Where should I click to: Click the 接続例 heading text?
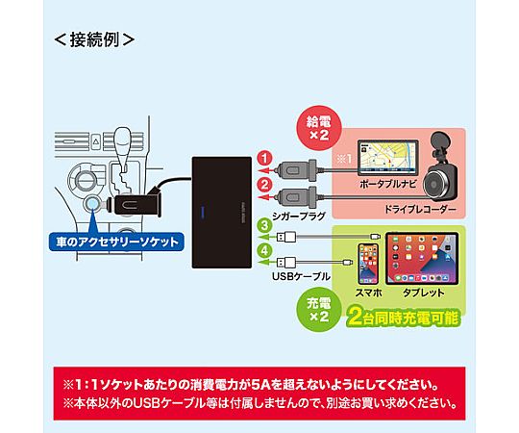(x=94, y=39)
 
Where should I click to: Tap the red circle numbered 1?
(x=265, y=159)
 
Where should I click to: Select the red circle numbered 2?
(x=265, y=185)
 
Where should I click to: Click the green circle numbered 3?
(x=265, y=225)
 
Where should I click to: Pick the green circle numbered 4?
(x=265, y=250)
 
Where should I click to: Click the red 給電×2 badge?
(x=318, y=129)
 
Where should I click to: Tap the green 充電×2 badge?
(x=318, y=310)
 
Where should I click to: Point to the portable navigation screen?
(x=388, y=158)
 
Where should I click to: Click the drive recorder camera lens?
(x=436, y=185)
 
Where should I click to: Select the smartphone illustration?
(x=368, y=264)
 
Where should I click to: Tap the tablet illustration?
(x=422, y=258)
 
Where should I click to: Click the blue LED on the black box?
(x=203, y=212)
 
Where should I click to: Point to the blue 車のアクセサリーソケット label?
(x=116, y=242)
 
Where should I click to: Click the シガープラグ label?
(x=299, y=216)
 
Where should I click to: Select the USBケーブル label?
(x=301, y=276)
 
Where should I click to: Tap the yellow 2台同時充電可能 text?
(x=403, y=318)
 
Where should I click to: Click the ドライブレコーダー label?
(x=420, y=210)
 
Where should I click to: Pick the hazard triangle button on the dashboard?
(x=96, y=141)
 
